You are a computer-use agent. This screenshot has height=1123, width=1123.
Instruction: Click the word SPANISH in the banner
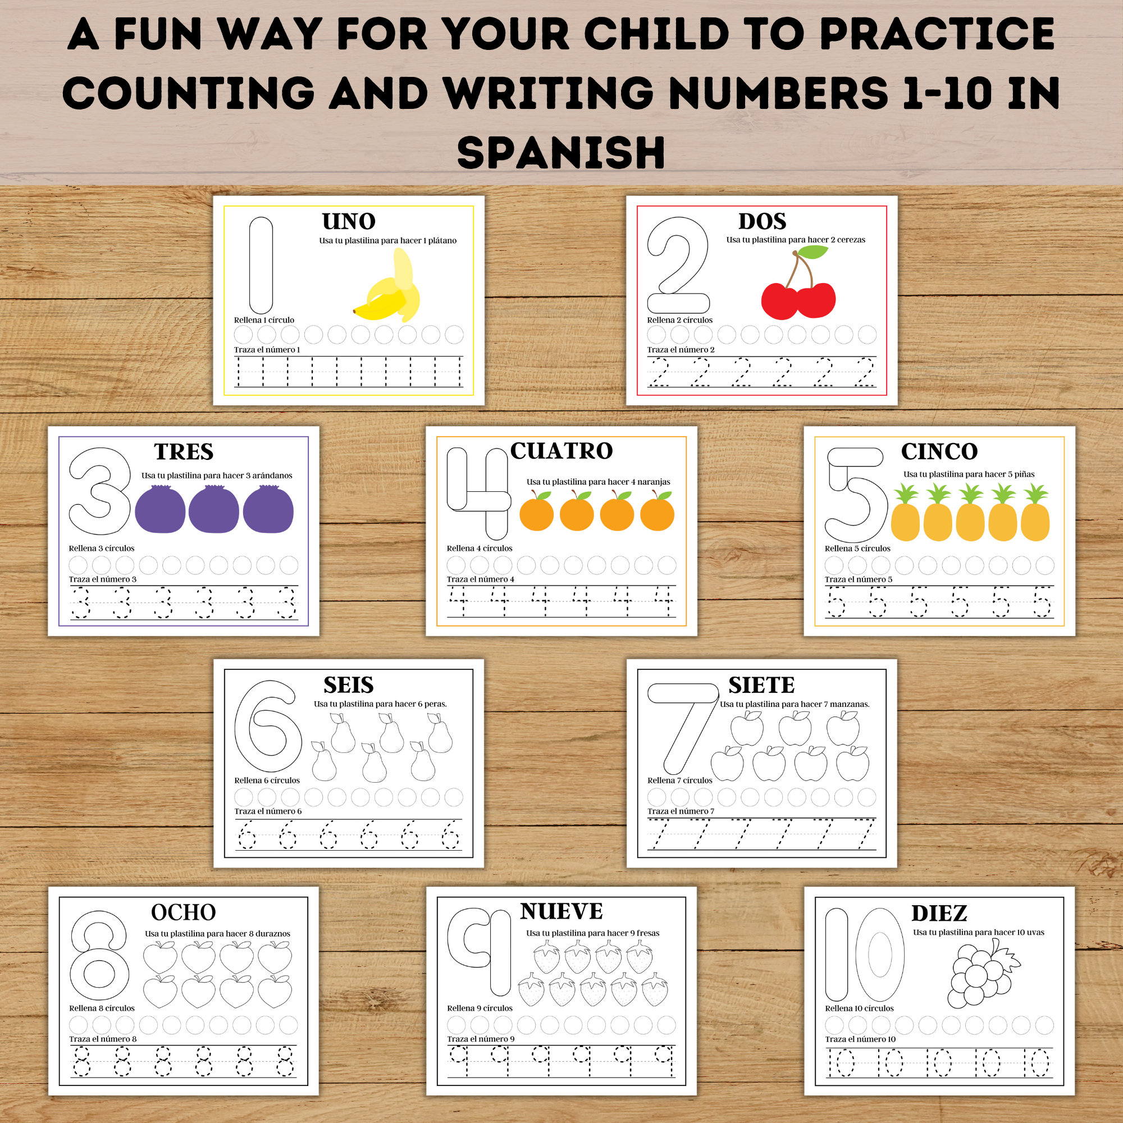[x=561, y=152]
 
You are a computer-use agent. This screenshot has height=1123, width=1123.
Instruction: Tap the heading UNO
[x=349, y=221]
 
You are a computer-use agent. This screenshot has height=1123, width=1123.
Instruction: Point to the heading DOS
[x=762, y=221]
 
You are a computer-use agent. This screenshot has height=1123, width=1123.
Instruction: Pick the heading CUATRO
[x=561, y=451]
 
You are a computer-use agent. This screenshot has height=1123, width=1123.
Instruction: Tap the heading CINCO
[x=939, y=451]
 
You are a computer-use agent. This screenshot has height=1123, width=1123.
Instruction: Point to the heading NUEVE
[x=561, y=911]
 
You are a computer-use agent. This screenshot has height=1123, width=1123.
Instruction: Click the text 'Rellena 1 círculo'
[x=264, y=320]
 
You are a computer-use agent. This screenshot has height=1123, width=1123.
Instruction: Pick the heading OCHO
[x=183, y=912]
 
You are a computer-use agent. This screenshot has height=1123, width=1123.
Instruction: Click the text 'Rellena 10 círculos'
[x=859, y=1008]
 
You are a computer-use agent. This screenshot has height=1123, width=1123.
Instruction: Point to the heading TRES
[x=184, y=451]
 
